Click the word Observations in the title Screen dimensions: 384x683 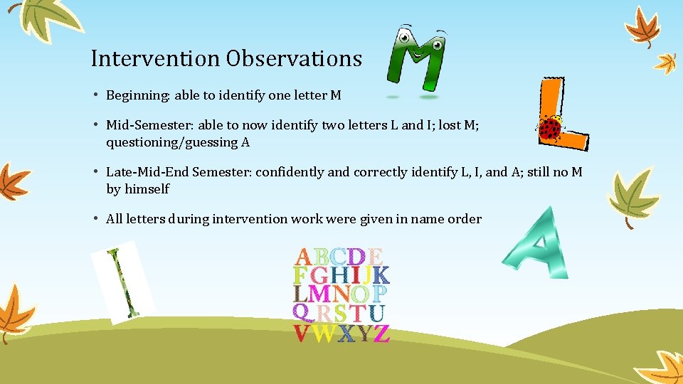click(294, 58)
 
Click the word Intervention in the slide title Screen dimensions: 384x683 click(156, 58)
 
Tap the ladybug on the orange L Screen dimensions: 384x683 click(550, 128)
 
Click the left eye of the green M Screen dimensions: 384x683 click(404, 38)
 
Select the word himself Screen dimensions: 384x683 click(147, 189)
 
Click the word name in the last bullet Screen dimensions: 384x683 click(426, 219)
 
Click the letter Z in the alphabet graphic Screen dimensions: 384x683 click(381, 333)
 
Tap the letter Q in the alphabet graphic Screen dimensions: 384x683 click(302, 313)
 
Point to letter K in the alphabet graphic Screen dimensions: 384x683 click(381, 274)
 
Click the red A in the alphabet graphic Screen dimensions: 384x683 click(302, 256)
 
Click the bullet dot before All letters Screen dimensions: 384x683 click(95, 219)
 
